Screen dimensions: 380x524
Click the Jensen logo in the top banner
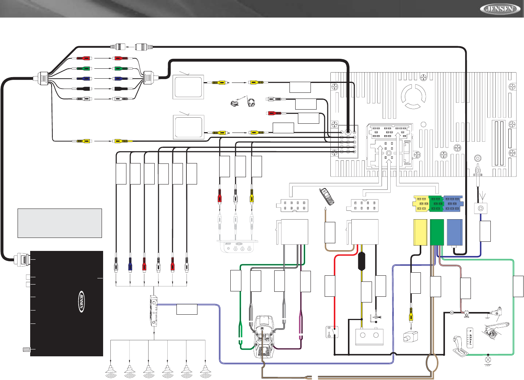click(x=500, y=8)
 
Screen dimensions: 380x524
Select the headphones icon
click(x=251, y=103)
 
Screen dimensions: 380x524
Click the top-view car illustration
click(x=264, y=336)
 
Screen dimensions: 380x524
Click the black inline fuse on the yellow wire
click(x=362, y=261)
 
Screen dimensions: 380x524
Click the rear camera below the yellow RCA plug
click(x=411, y=336)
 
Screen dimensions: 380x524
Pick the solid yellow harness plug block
click(x=420, y=232)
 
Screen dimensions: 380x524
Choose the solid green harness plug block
click(x=437, y=232)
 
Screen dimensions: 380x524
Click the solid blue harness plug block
click(x=454, y=232)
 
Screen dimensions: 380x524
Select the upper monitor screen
click(x=188, y=87)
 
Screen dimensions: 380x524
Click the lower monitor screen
click(x=188, y=127)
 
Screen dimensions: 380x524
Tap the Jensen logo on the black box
click(x=81, y=301)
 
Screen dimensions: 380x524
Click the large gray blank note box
click(x=60, y=223)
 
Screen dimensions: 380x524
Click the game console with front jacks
click(x=237, y=246)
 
